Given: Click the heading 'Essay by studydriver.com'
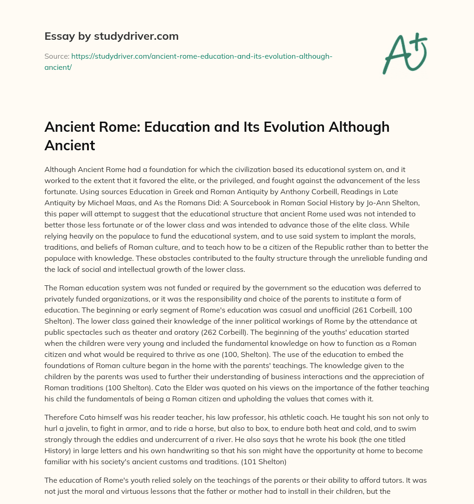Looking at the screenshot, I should click(x=112, y=36).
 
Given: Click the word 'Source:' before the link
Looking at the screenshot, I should click(x=56, y=56).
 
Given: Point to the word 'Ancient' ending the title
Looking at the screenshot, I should click(x=69, y=145).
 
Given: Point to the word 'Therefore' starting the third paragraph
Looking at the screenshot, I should click(x=62, y=417).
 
